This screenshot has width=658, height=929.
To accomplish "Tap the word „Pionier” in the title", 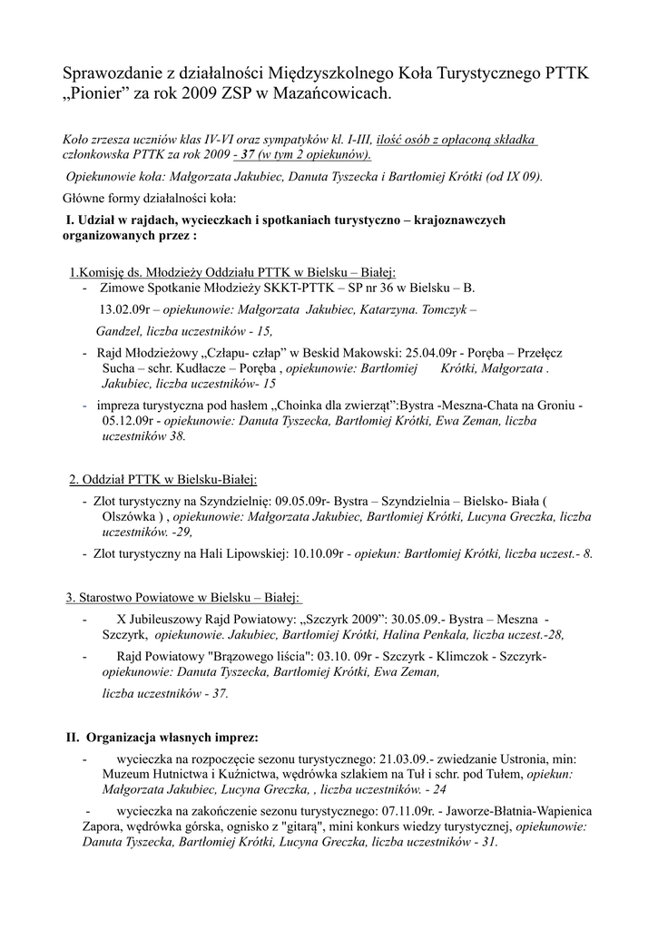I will pos(99,93).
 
